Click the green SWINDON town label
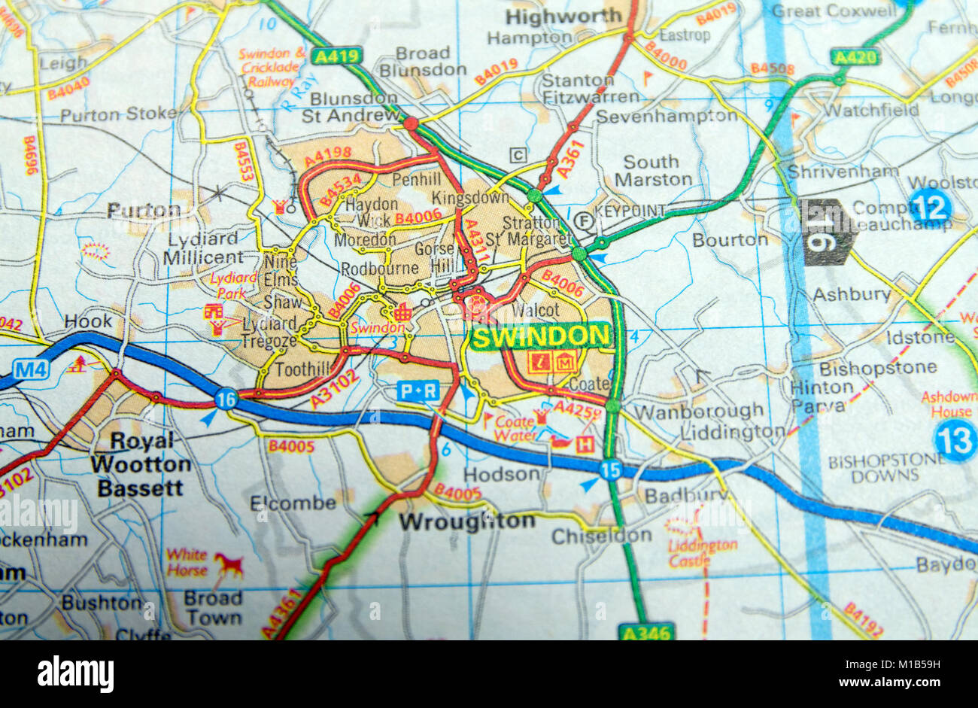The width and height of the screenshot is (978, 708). [x=539, y=336]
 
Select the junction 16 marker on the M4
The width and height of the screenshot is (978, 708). [x=226, y=400]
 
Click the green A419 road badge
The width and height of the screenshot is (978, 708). [x=338, y=56]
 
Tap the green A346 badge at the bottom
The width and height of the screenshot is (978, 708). [x=646, y=632]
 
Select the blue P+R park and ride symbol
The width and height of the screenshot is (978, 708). [x=418, y=390]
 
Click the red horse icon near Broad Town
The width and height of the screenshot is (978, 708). [x=228, y=563]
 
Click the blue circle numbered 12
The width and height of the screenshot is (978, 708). [x=929, y=208]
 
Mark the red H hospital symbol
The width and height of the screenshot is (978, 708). [x=584, y=445]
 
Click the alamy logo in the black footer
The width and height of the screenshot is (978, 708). [x=75, y=673]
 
